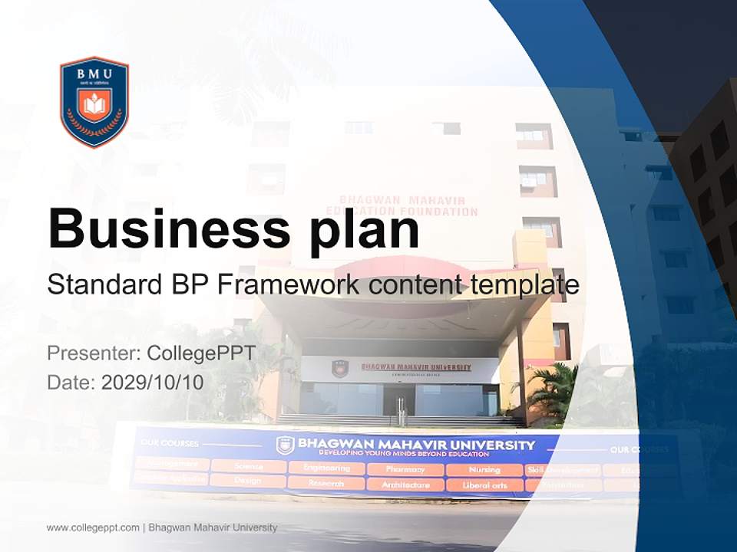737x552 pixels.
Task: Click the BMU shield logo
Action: [x=94, y=102]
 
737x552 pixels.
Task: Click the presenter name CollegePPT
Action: [x=202, y=353]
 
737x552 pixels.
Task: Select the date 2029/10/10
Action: [x=153, y=383]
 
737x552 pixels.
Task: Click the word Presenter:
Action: [x=93, y=353]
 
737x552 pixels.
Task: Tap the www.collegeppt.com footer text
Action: [x=93, y=527]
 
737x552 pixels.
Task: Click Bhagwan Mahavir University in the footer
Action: [x=213, y=527]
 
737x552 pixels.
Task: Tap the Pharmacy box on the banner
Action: [x=405, y=469]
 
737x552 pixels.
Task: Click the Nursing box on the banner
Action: [x=484, y=469]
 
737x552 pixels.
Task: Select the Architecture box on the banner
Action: [x=405, y=485]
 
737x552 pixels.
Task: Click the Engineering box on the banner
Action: [x=326, y=468]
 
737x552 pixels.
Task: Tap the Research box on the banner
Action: [x=326, y=483]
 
